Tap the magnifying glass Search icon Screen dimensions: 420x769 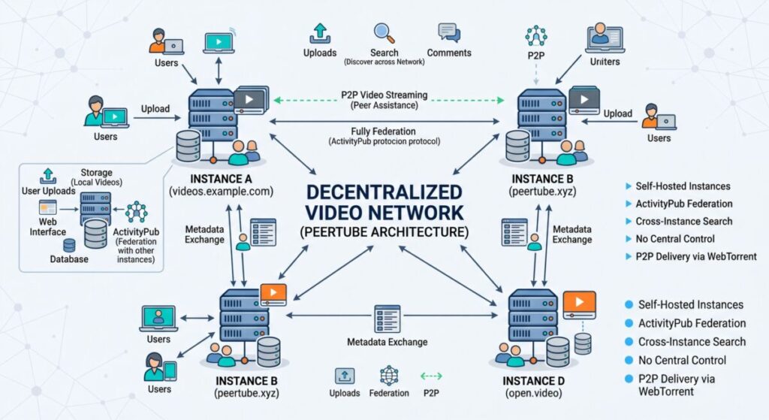point(384,34)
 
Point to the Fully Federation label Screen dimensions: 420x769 point(384,131)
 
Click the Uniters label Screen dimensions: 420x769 point(605,61)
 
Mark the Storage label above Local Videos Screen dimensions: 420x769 point(96,173)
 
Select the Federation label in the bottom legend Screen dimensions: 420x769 point(389,393)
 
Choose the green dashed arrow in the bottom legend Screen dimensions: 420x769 point(432,376)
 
